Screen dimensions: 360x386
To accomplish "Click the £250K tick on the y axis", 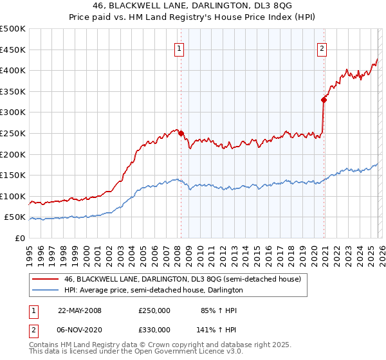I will [x=13, y=133].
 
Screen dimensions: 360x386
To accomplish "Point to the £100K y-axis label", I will [x=13, y=196].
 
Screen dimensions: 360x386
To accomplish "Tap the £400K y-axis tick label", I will [x=13, y=70].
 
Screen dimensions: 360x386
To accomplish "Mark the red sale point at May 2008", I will [x=181, y=133].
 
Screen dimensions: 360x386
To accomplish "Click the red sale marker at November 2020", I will [x=324, y=100].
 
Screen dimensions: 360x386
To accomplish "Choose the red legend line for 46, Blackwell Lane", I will [x=44, y=279].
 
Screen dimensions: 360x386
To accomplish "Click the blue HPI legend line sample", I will [x=44, y=291].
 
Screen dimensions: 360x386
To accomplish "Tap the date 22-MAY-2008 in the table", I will [x=80, y=310].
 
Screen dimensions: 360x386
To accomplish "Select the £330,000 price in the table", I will [x=154, y=328].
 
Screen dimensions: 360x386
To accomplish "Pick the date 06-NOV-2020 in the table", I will [x=80, y=328].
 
